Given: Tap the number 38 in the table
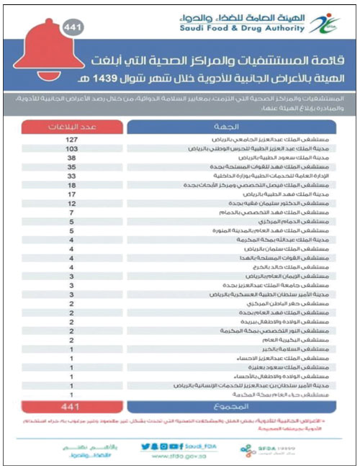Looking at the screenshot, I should [x=71, y=158].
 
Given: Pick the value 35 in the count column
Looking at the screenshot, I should [x=71, y=167].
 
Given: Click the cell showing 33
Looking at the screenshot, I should [x=71, y=176].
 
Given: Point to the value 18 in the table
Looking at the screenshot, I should [x=71, y=185].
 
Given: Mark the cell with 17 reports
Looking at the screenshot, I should [x=71, y=194].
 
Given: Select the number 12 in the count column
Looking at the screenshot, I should [x=71, y=204].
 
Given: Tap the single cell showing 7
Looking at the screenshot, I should [x=71, y=213].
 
